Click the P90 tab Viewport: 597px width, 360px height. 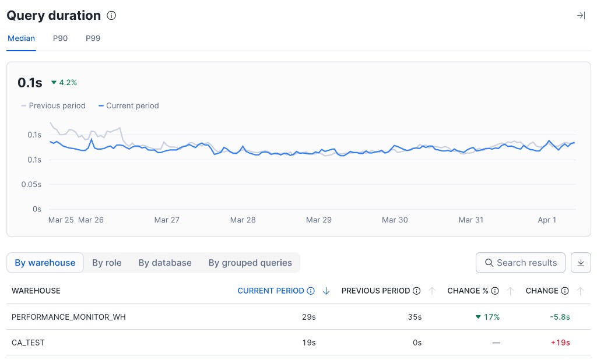[60, 38]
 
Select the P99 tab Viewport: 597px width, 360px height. [93, 38]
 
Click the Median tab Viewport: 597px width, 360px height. [21, 38]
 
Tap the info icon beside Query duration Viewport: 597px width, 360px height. [111, 16]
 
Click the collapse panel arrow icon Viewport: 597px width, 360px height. [581, 16]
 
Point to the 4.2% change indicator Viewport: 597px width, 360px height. [64, 83]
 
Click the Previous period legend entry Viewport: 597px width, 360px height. [54, 105]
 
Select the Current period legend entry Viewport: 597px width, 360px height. [129, 105]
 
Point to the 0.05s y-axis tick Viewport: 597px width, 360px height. [31, 184]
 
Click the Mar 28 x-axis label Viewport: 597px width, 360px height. [243, 220]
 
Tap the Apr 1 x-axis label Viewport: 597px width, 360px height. [547, 220]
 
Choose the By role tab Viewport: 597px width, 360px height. [107, 263]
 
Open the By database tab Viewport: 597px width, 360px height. [165, 263]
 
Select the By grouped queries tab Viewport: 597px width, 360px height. [250, 263]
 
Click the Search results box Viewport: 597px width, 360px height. [521, 263]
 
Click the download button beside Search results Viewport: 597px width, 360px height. [581, 263]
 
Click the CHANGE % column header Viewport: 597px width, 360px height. [468, 291]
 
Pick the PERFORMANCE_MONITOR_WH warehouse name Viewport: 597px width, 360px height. [69, 317]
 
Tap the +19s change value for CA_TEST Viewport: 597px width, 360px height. [560, 343]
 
